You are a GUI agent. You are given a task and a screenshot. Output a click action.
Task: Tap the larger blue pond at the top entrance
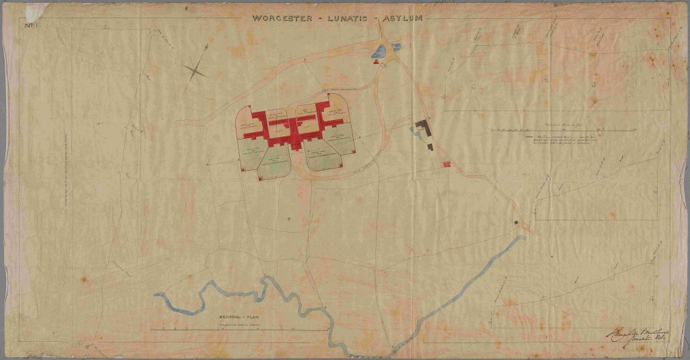378,51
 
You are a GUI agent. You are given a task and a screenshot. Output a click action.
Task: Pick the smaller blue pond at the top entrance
395,47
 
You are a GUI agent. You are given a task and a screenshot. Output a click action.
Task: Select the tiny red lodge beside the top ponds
375,62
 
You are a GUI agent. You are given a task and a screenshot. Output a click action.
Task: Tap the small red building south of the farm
445,163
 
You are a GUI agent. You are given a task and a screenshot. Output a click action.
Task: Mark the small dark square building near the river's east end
517,221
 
